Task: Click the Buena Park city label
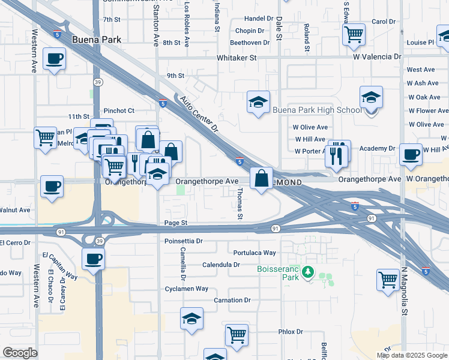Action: (96, 40)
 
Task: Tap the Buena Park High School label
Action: (317, 110)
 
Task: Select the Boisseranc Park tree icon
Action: (309, 272)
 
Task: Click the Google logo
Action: (19, 353)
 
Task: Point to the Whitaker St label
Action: (237, 58)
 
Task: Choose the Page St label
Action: (176, 223)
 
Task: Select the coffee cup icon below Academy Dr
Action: (411, 154)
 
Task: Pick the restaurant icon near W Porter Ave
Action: (337, 155)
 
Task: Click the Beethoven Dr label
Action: (250, 43)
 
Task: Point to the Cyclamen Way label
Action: (186, 289)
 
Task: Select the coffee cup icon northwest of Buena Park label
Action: (55, 59)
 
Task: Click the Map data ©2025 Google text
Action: (411, 355)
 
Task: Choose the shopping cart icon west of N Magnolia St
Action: (388, 278)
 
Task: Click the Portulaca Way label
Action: (255, 253)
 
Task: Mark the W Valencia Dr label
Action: (377, 57)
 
